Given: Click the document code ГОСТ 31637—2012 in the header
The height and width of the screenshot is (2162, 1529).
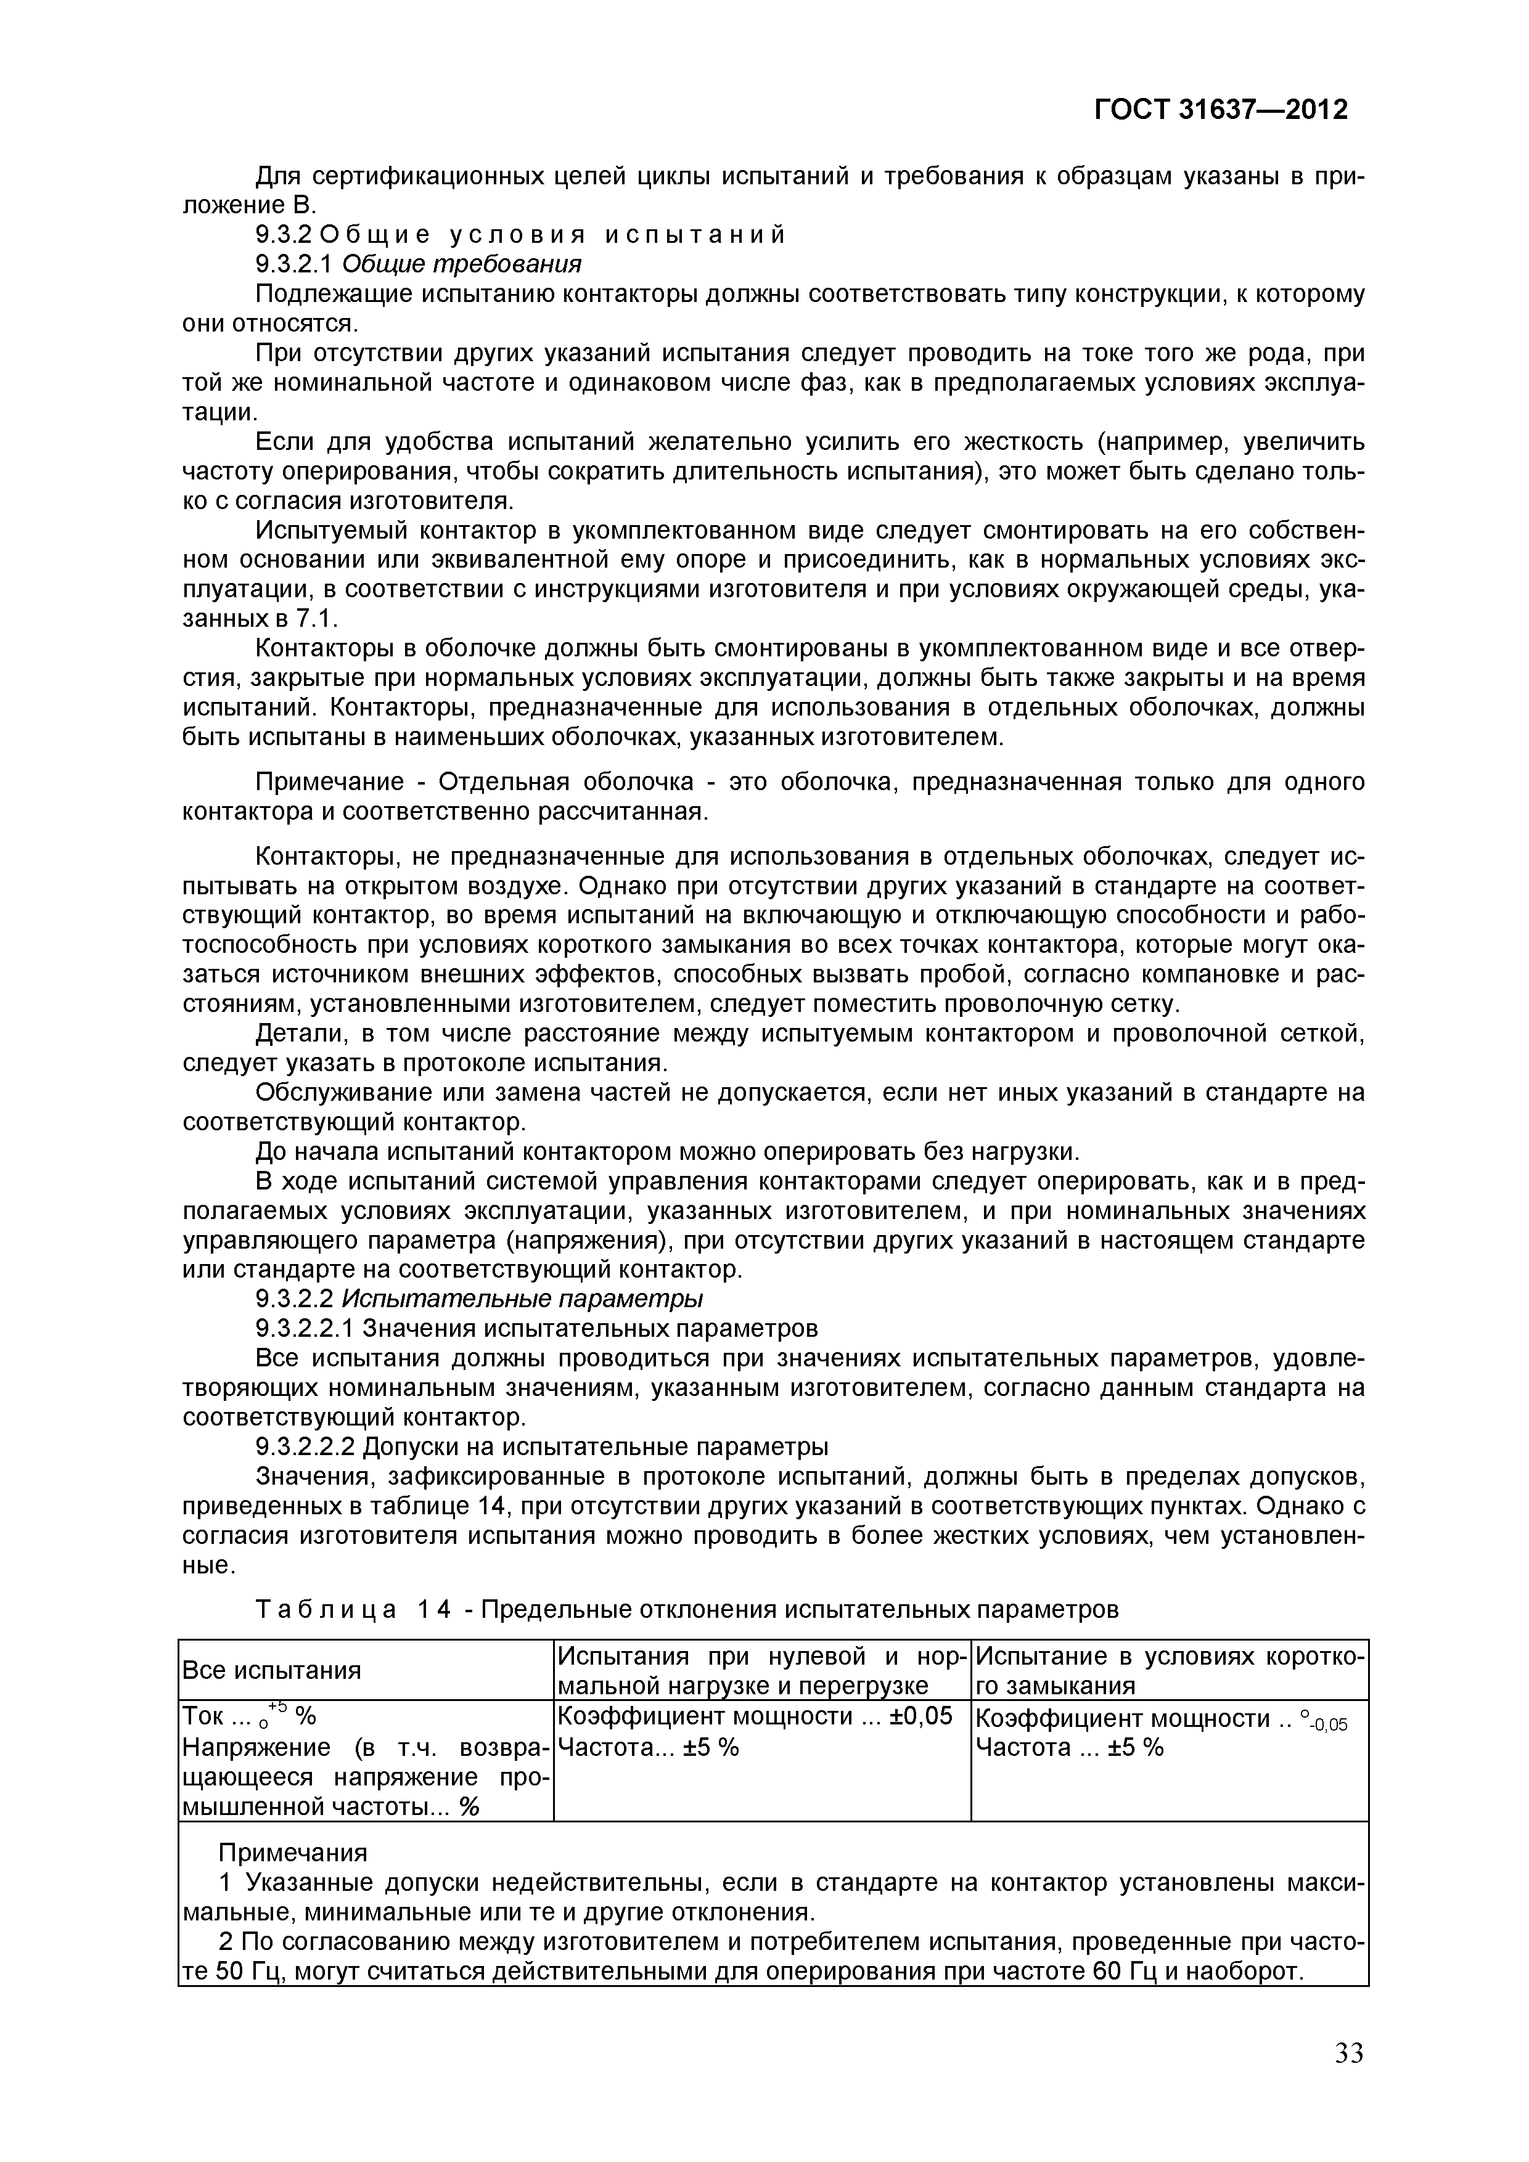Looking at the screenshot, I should click(x=1221, y=110).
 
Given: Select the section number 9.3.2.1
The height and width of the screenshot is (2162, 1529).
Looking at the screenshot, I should click(x=295, y=264).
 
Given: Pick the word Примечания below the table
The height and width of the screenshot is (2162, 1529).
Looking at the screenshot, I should click(x=293, y=1853).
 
